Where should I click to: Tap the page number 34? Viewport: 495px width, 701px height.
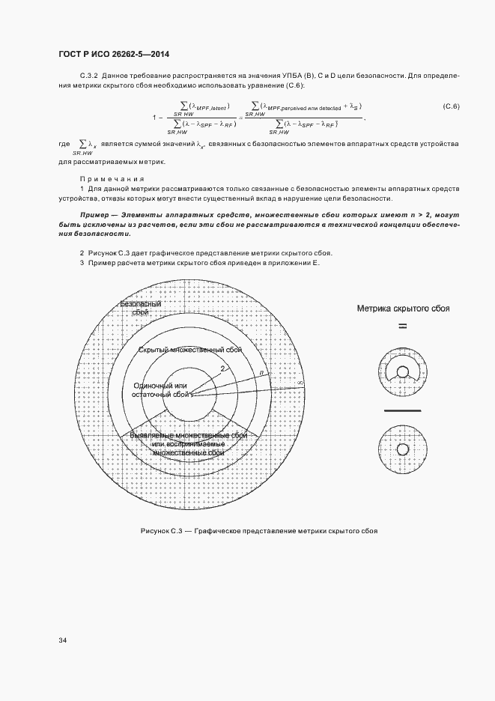[x=63, y=640]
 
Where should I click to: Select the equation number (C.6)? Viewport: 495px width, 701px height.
[x=451, y=106]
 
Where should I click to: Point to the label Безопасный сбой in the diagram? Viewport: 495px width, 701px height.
[x=142, y=307]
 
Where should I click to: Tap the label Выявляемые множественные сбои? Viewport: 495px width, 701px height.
[x=188, y=435]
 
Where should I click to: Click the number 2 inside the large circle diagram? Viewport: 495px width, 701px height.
[x=222, y=368]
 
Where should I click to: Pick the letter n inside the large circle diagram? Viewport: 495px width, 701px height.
[x=261, y=372]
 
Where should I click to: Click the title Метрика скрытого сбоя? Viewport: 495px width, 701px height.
[x=403, y=308]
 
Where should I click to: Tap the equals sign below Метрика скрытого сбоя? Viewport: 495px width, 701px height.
[x=402, y=326]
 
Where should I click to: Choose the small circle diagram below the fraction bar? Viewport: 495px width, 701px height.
[x=403, y=449]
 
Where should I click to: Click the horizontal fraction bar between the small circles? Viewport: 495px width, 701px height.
[x=403, y=410]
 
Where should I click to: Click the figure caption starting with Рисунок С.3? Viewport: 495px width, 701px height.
[x=258, y=530]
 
